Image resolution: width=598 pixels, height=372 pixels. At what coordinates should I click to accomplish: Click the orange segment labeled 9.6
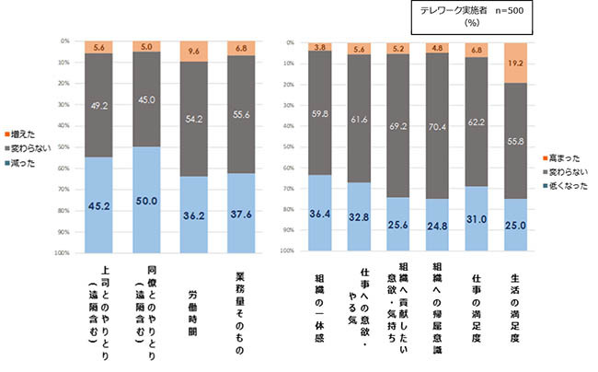point(198,52)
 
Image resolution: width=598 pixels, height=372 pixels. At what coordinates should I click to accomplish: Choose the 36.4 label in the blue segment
point(320,212)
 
